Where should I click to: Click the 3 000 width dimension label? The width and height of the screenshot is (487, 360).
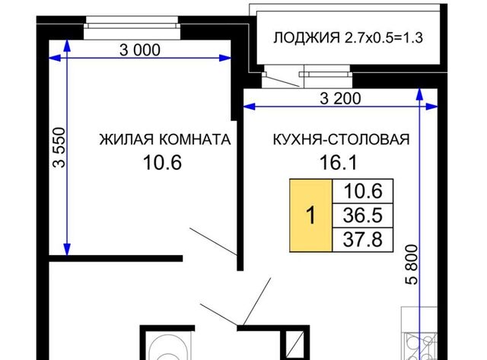click(x=140, y=50)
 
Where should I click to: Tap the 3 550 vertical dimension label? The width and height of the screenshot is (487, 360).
click(x=59, y=148)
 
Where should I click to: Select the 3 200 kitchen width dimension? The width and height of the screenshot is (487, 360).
click(x=340, y=99)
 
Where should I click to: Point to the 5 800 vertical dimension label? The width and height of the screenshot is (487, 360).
click(x=412, y=265)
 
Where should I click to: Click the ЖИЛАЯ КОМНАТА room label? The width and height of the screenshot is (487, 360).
click(x=165, y=139)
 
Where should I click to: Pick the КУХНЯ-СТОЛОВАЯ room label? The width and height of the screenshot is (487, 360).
click(x=342, y=139)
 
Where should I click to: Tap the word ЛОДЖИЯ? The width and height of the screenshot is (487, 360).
click(x=307, y=38)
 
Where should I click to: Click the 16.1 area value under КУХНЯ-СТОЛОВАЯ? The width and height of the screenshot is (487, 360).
click(x=338, y=162)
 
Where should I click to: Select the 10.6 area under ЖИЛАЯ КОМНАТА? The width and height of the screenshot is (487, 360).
click(x=162, y=162)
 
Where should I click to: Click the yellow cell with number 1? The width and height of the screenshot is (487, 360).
click(x=311, y=215)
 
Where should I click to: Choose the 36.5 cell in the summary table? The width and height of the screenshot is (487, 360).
click(x=363, y=215)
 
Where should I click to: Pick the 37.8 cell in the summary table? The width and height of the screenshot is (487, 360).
click(x=363, y=240)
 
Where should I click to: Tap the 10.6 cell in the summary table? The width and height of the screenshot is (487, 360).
click(x=363, y=191)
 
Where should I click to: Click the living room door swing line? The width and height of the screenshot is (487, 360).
click(x=214, y=242)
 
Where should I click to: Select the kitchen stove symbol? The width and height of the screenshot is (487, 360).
click(x=421, y=346)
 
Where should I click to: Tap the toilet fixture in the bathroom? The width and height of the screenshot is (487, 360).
click(x=168, y=347)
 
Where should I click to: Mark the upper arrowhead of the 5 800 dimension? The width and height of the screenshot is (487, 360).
click(x=419, y=94)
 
